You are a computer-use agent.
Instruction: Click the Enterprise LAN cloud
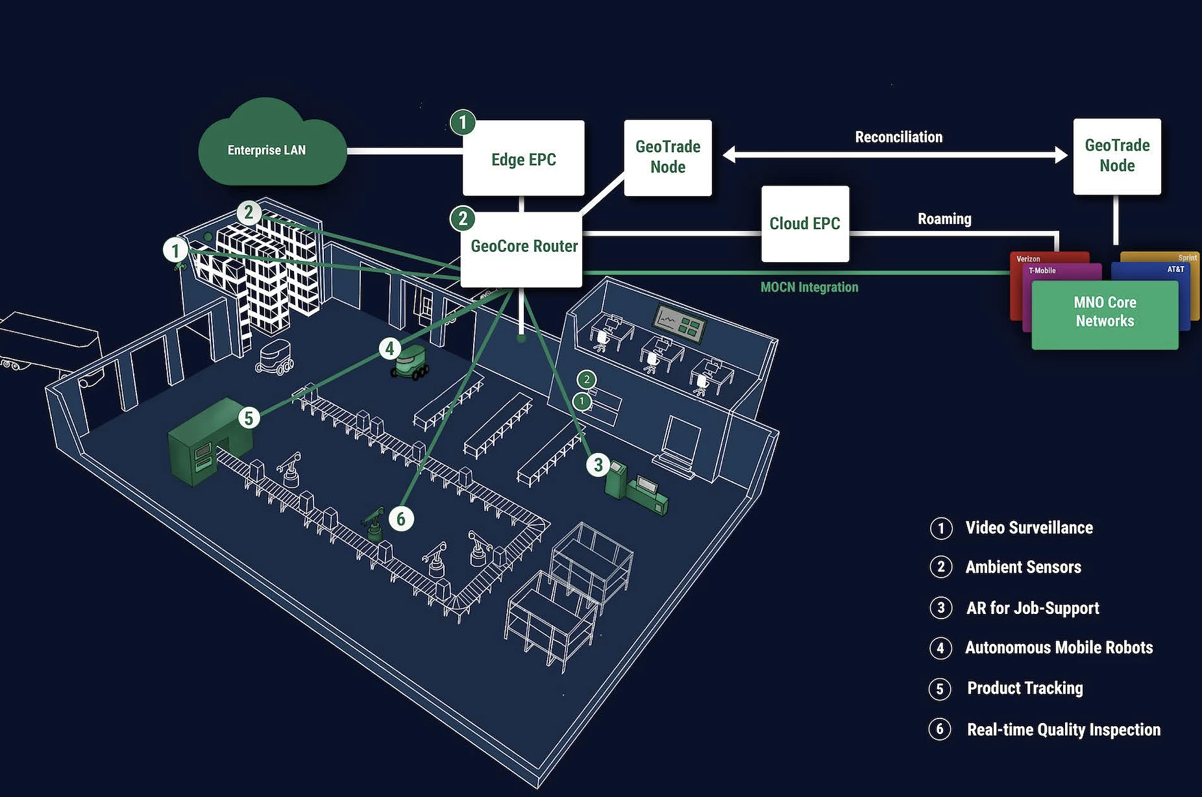(267, 149)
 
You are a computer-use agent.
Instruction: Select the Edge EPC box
(523, 159)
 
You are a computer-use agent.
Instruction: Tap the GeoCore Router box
(523, 247)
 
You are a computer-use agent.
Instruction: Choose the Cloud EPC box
(805, 223)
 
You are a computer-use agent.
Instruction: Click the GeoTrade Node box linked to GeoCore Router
(668, 157)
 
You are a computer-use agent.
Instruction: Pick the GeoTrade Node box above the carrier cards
(1117, 156)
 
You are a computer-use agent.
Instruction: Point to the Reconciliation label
(898, 137)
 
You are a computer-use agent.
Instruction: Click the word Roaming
(944, 219)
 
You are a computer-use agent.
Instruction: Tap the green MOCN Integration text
(809, 287)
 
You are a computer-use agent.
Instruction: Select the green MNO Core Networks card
(1105, 312)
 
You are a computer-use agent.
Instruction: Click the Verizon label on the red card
(1028, 259)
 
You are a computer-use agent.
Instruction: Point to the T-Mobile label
(1042, 271)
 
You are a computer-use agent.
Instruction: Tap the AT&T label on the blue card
(1175, 269)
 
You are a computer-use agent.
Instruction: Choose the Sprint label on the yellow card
(1187, 258)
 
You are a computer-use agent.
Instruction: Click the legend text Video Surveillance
(1029, 528)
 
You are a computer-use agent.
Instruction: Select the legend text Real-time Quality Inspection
(1063, 730)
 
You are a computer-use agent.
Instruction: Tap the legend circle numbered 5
(940, 689)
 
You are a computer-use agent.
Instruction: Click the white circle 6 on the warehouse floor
(401, 519)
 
